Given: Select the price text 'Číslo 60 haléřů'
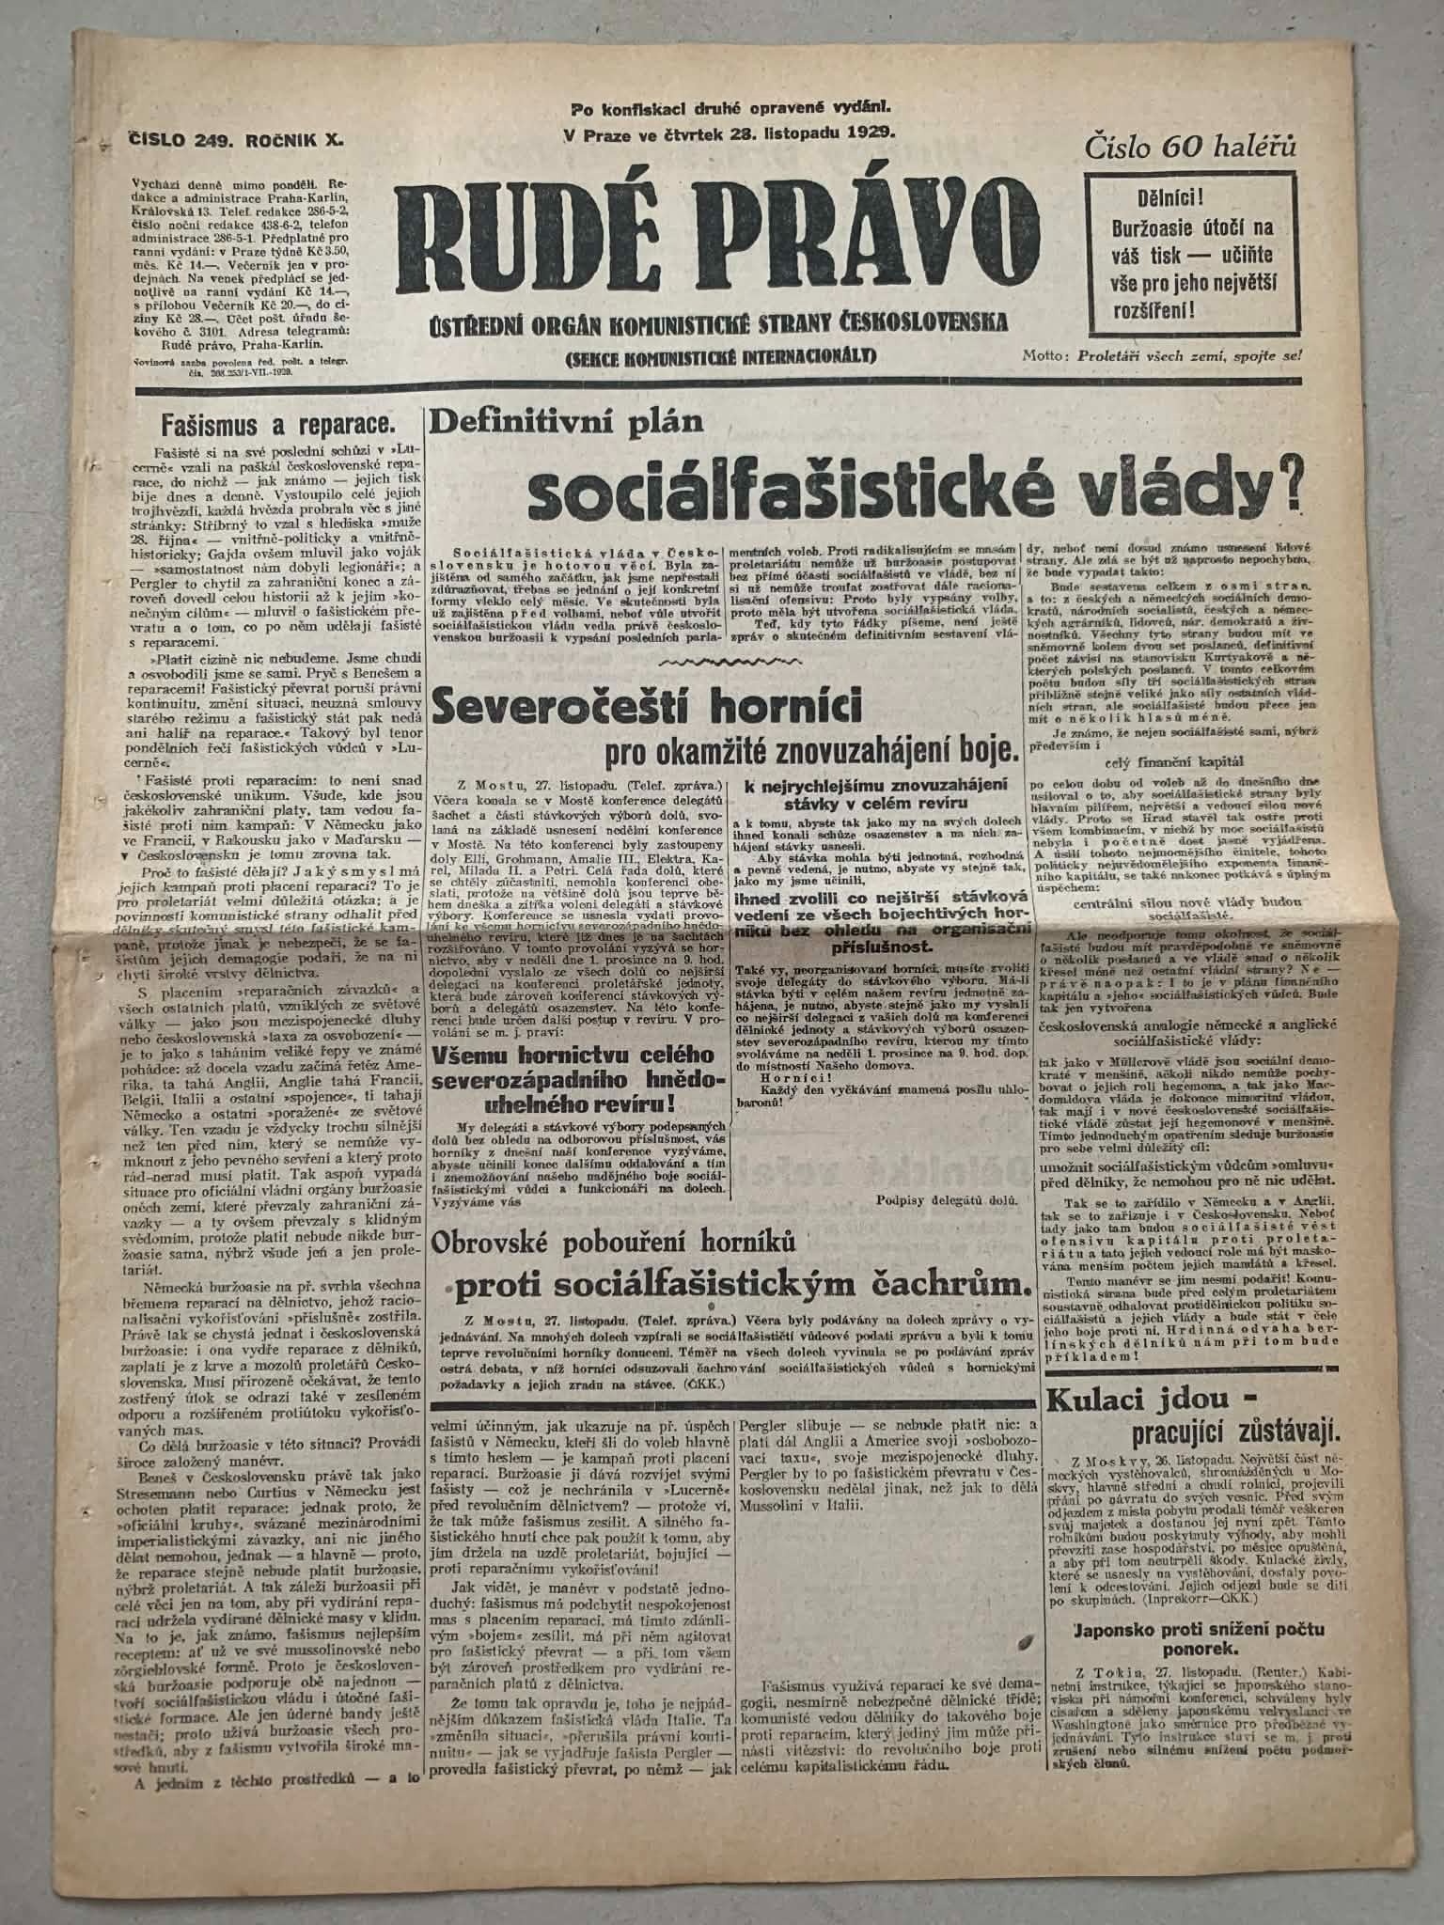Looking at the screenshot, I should pyautogui.click(x=1190, y=147).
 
